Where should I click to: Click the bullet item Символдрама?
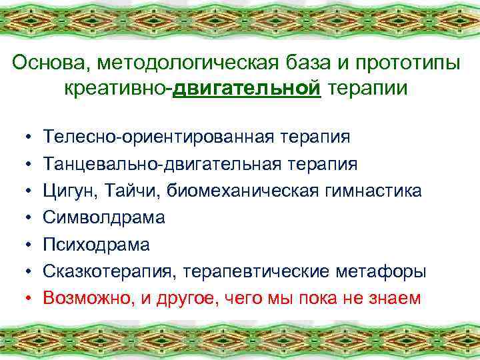pos(104,217)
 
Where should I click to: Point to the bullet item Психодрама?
pos(97,244)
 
